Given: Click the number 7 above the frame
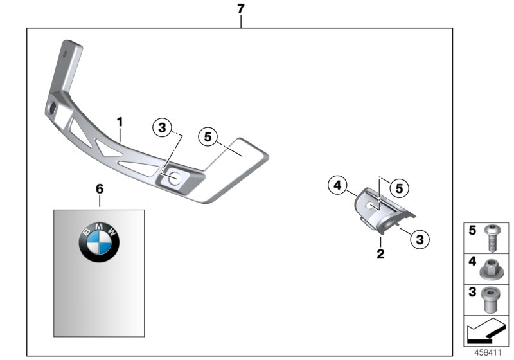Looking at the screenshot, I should tap(240, 9).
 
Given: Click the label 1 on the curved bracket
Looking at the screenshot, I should tap(119, 120).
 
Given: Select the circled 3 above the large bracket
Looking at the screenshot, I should tap(163, 128).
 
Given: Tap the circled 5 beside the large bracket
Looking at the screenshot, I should tap(208, 136).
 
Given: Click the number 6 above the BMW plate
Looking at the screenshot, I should tap(99, 189).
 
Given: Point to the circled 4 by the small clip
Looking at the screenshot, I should tap(336, 186).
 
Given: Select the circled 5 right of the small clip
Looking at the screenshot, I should tap(399, 188).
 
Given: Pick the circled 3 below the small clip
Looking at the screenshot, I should tap(419, 239).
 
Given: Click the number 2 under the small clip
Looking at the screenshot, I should tap(380, 254).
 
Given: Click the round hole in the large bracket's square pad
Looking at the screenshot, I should tap(173, 181).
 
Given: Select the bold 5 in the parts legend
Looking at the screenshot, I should tap(472, 230).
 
